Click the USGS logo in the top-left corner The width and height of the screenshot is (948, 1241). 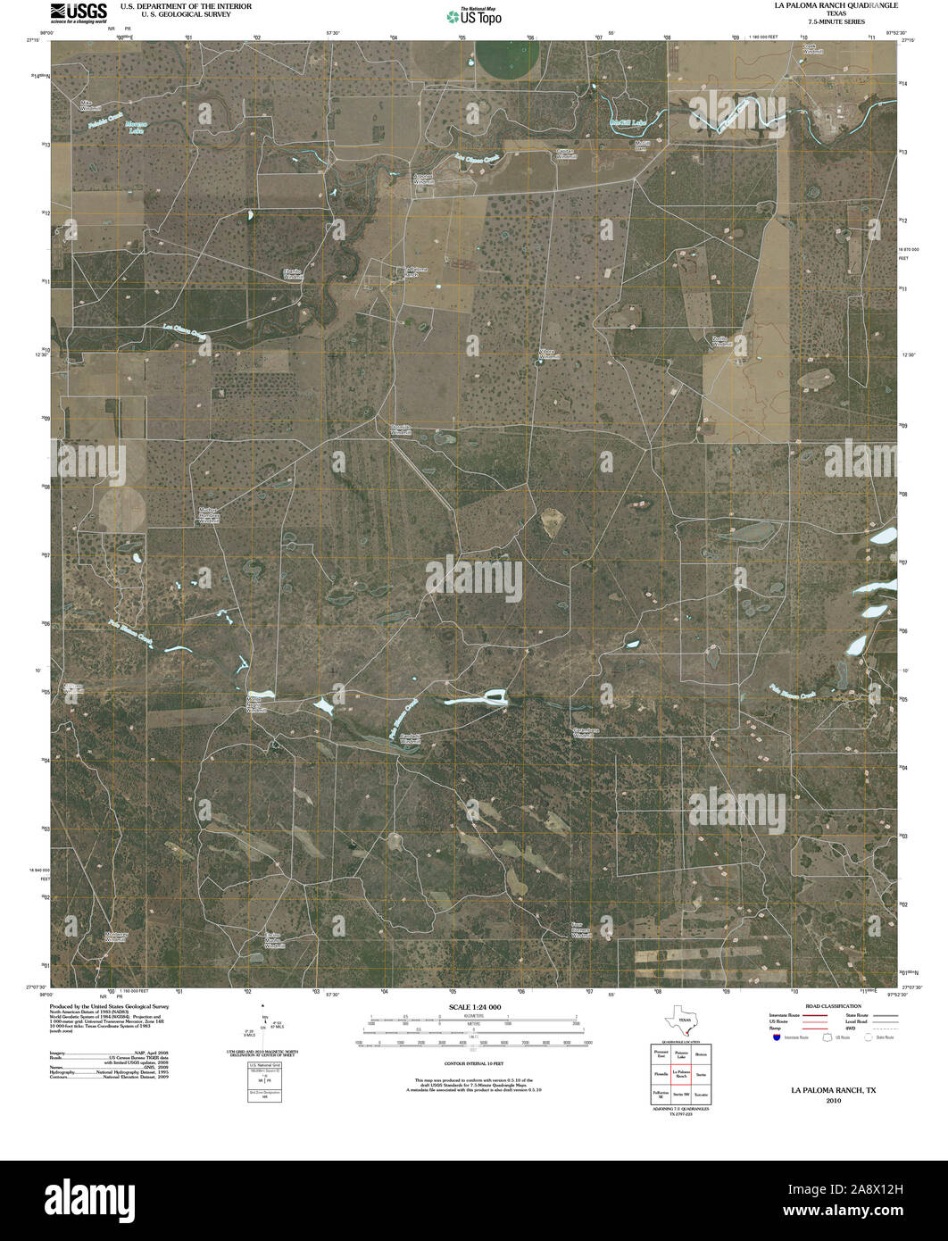pos(79,12)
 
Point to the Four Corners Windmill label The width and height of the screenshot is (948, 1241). pos(584,929)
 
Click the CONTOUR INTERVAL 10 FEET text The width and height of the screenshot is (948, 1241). pos(473,1064)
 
